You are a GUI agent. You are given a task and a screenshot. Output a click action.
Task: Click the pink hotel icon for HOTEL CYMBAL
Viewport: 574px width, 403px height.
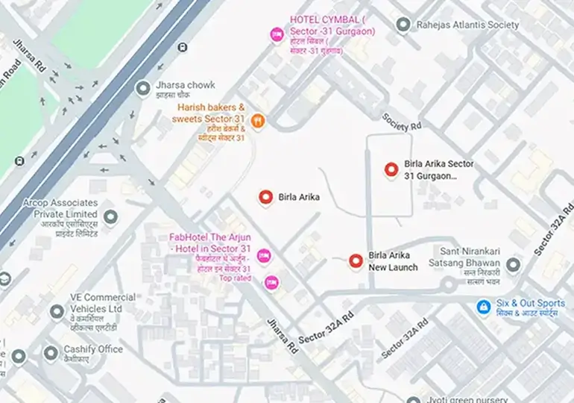click(x=277, y=34)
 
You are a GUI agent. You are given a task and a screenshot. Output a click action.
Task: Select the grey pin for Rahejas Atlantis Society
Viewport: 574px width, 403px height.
click(x=403, y=25)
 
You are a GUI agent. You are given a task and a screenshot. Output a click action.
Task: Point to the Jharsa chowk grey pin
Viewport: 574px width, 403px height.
click(x=142, y=89)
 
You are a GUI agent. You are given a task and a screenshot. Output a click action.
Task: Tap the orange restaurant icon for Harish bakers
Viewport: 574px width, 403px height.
click(x=258, y=120)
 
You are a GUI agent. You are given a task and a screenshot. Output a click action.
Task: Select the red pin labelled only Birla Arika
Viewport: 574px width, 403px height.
click(x=265, y=197)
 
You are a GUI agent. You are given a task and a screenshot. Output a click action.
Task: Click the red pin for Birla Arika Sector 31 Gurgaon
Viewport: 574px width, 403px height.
click(x=391, y=169)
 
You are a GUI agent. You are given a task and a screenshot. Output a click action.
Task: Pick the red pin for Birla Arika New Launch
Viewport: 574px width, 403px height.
click(x=356, y=260)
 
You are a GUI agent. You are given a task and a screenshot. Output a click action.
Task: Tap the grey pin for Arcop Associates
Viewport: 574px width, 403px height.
click(x=110, y=217)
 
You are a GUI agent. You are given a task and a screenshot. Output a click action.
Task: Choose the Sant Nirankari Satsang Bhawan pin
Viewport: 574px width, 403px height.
click(x=513, y=265)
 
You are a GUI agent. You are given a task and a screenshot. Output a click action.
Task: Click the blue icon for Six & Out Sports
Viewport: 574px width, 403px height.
click(x=484, y=306)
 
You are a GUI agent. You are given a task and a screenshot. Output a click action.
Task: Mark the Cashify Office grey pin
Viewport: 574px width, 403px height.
click(x=50, y=352)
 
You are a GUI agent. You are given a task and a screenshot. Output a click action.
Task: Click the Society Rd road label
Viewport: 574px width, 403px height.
click(x=402, y=122)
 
